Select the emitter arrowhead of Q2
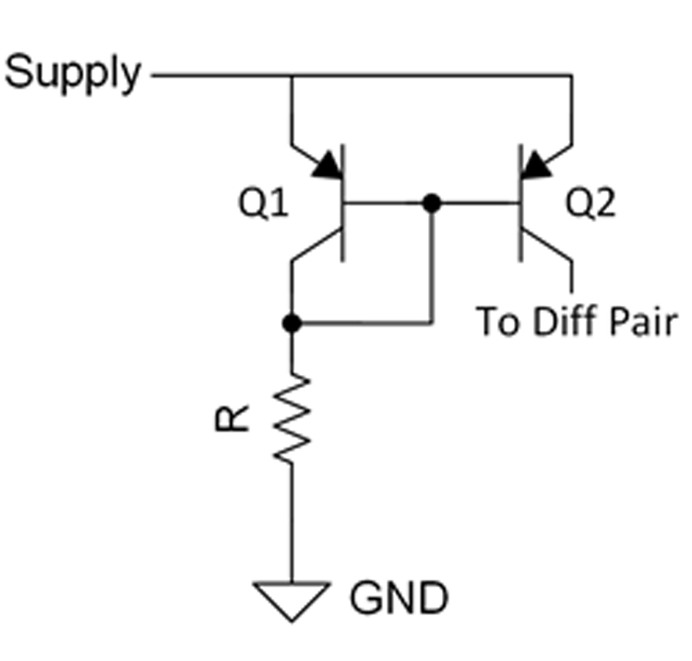[538, 163]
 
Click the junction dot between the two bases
[432, 203]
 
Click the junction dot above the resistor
[292, 323]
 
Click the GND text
[399, 597]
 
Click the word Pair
[644, 323]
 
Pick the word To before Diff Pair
[497, 323]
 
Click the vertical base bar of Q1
[344, 203]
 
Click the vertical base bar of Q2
[521, 203]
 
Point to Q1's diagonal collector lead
[317, 246]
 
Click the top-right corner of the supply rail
[572, 76]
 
